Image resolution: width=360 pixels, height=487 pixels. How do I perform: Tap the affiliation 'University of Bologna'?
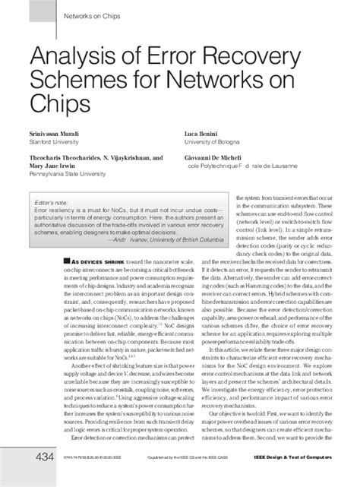(209, 141)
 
